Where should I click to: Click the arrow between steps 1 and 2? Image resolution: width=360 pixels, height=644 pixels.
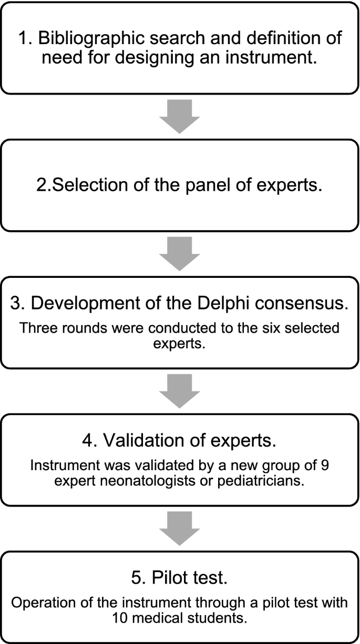click(180, 116)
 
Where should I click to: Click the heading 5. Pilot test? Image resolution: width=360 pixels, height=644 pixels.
click(180, 579)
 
